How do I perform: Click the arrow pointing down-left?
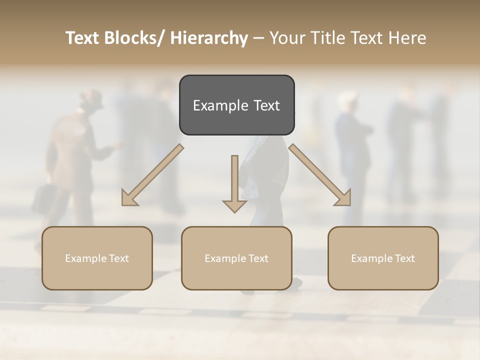click(152, 175)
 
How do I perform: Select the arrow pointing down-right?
click(320, 175)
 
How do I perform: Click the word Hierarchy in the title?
click(209, 38)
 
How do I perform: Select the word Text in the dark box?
click(266, 106)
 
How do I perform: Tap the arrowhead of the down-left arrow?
click(129, 198)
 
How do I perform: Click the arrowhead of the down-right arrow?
click(343, 198)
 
